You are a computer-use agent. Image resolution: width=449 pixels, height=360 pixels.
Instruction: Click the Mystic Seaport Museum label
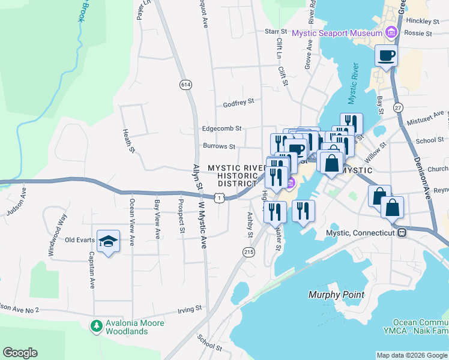[x=337, y=33]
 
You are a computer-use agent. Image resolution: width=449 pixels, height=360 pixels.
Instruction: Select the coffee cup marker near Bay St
[x=386, y=56]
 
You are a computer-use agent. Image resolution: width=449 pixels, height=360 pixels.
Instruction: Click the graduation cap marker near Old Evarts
[x=108, y=241]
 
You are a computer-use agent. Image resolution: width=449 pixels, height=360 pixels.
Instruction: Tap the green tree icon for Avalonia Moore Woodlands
[x=95, y=326]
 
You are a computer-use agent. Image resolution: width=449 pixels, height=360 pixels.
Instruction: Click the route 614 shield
[x=186, y=85]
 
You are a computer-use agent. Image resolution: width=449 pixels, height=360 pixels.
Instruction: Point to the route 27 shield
[x=398, y=107]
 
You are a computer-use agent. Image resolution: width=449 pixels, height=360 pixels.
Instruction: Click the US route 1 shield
[x=220, y=197]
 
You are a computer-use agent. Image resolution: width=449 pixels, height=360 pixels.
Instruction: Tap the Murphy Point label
[x=336, y=295]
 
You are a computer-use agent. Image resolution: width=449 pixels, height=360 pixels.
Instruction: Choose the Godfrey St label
[x=239, y=103]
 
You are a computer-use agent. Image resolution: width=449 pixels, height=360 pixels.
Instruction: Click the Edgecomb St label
[x=221, y=128]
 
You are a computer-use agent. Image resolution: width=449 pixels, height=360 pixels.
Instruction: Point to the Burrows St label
[x=219, y=146]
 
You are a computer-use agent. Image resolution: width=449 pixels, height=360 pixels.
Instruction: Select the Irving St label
[x=190, y=309]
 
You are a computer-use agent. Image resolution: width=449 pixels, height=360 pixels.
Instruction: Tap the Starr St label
[x=277, y=31]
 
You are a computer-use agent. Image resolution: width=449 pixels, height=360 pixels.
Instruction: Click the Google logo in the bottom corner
[x=20, y=352]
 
